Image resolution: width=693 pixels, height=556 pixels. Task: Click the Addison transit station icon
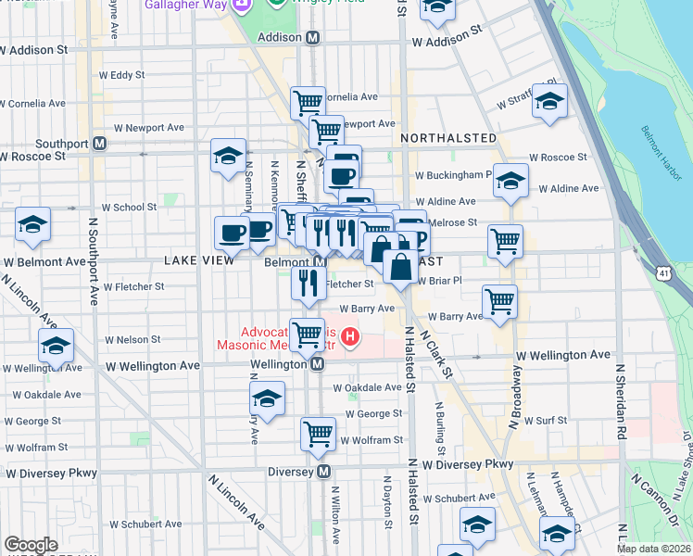[x=313, y=38]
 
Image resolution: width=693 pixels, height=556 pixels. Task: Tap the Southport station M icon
[x=99, y=145]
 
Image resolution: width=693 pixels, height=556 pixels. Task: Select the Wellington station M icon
[x=318, y=365]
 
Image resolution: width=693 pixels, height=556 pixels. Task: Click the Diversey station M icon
[x=324, y=472]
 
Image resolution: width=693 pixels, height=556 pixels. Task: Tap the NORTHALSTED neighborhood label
[x=448, y=138]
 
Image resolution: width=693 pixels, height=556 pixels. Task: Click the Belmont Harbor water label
[x=655, y=148]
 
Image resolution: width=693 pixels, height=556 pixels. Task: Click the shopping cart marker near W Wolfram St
[x=318, y=432]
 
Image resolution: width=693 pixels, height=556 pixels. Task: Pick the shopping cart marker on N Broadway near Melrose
[x=505, y=241]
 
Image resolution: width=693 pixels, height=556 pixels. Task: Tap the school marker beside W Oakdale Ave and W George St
[x=267, y=399]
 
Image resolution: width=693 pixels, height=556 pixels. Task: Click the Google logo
[x=31, y=545]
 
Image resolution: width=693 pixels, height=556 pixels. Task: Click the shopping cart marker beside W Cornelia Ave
[x=308, y=101]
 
